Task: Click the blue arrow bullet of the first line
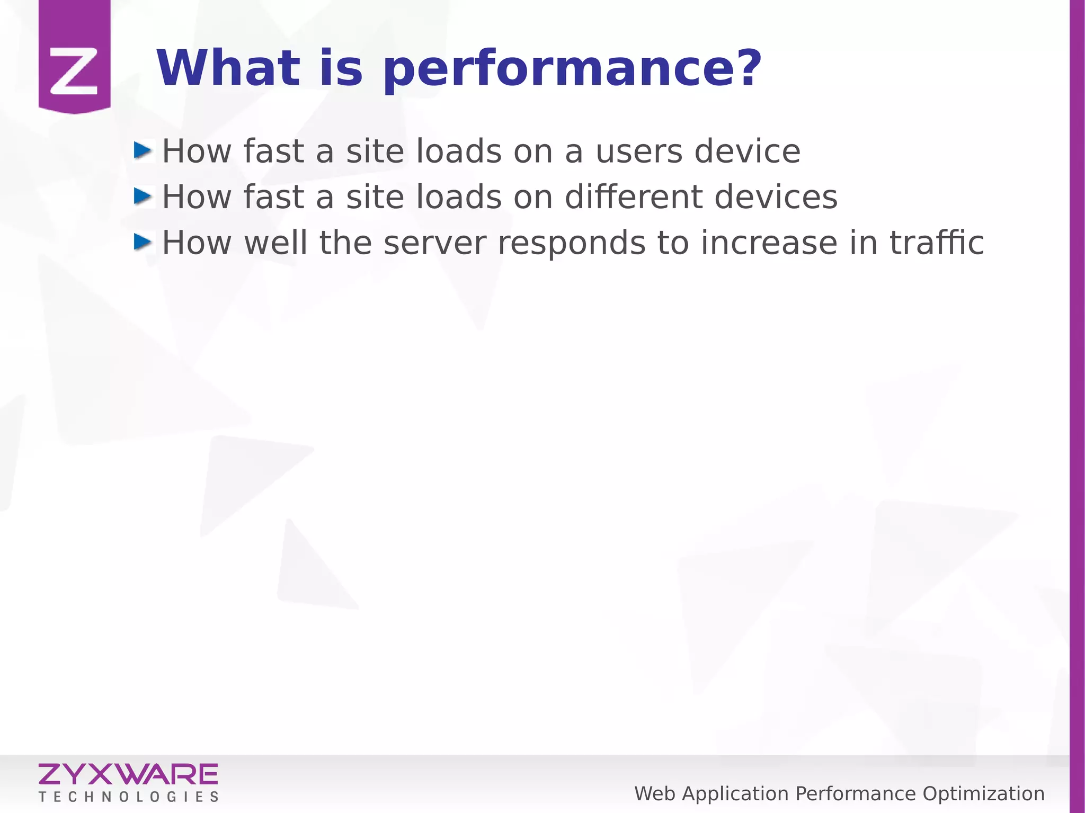[143, 151]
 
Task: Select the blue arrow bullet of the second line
[143, 196]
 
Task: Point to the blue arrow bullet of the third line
[143, 243]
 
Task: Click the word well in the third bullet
[275, 243]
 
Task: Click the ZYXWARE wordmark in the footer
[128, 774]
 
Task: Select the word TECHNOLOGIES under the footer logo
[128, 797]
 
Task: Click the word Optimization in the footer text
[983, 794]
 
